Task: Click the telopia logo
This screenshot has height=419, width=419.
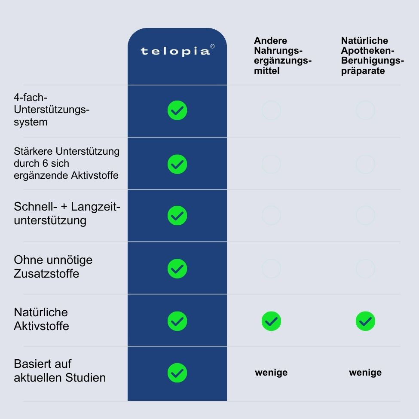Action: coord(175,51)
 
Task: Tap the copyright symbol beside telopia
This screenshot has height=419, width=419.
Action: coord(212,46)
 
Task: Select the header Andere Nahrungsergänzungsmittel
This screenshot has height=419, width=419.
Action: coord(282,55)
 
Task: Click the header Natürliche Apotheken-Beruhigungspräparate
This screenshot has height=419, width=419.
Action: coord(372,55)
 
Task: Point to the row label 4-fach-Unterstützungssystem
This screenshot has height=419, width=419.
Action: coord(52,110)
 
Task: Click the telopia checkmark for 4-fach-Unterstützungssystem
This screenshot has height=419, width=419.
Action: coord(177,110)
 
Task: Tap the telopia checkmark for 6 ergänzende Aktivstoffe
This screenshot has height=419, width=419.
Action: coord(177,164)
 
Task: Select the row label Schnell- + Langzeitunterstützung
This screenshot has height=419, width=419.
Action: coord(67,213)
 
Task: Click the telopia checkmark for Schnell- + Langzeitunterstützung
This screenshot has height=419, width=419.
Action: coord(177,215)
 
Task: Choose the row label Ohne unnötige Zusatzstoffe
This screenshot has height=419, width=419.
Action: coord(53,267)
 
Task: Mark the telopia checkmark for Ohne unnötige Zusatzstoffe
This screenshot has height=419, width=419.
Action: coord(177,269)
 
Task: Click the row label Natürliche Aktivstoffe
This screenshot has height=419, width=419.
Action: coord(41,319)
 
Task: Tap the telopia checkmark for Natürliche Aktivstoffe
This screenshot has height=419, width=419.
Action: coord(177,321)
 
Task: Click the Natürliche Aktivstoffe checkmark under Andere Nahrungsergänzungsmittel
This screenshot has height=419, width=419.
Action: coord(271,321)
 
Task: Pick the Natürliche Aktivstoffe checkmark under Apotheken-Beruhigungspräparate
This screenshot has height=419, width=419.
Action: coord(365,321)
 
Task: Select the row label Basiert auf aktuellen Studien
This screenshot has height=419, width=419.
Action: coord(60,370)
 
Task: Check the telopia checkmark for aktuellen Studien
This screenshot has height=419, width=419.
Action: coord(177,373)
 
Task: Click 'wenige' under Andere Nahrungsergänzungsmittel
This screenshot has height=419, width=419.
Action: coord(271,373)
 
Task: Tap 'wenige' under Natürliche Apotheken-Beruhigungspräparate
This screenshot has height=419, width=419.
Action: coord(365,373)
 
